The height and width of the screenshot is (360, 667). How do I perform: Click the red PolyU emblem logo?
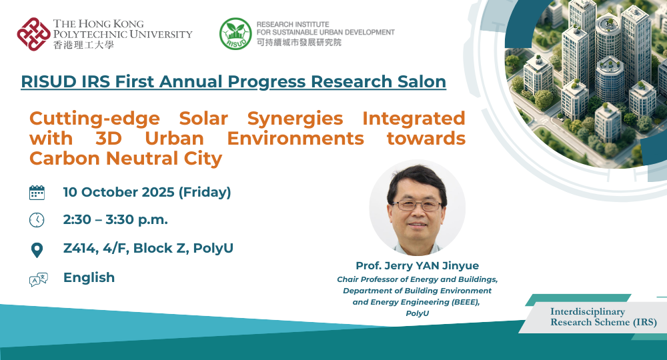click(33, 34)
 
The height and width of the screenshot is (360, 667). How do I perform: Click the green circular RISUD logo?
click(235, 34)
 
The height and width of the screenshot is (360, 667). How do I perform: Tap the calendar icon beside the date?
click(37, 193)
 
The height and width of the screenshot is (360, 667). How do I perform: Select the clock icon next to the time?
click(37, 220)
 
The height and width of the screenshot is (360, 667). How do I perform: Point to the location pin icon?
click(37, 250)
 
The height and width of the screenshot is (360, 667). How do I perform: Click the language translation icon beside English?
click(38, 279)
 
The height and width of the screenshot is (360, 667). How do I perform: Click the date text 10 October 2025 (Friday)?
click(147, 193)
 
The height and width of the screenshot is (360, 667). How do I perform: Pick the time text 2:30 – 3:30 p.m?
click(115, 220)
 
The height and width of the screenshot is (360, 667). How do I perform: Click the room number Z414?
click(79, 249)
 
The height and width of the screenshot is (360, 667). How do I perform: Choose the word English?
click(89, 277)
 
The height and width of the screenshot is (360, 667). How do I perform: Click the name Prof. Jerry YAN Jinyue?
click(417, 266)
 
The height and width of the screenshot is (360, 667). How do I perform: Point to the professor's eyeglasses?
click(415, 205)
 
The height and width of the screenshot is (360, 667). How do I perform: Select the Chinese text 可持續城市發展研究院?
click(298, 42)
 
